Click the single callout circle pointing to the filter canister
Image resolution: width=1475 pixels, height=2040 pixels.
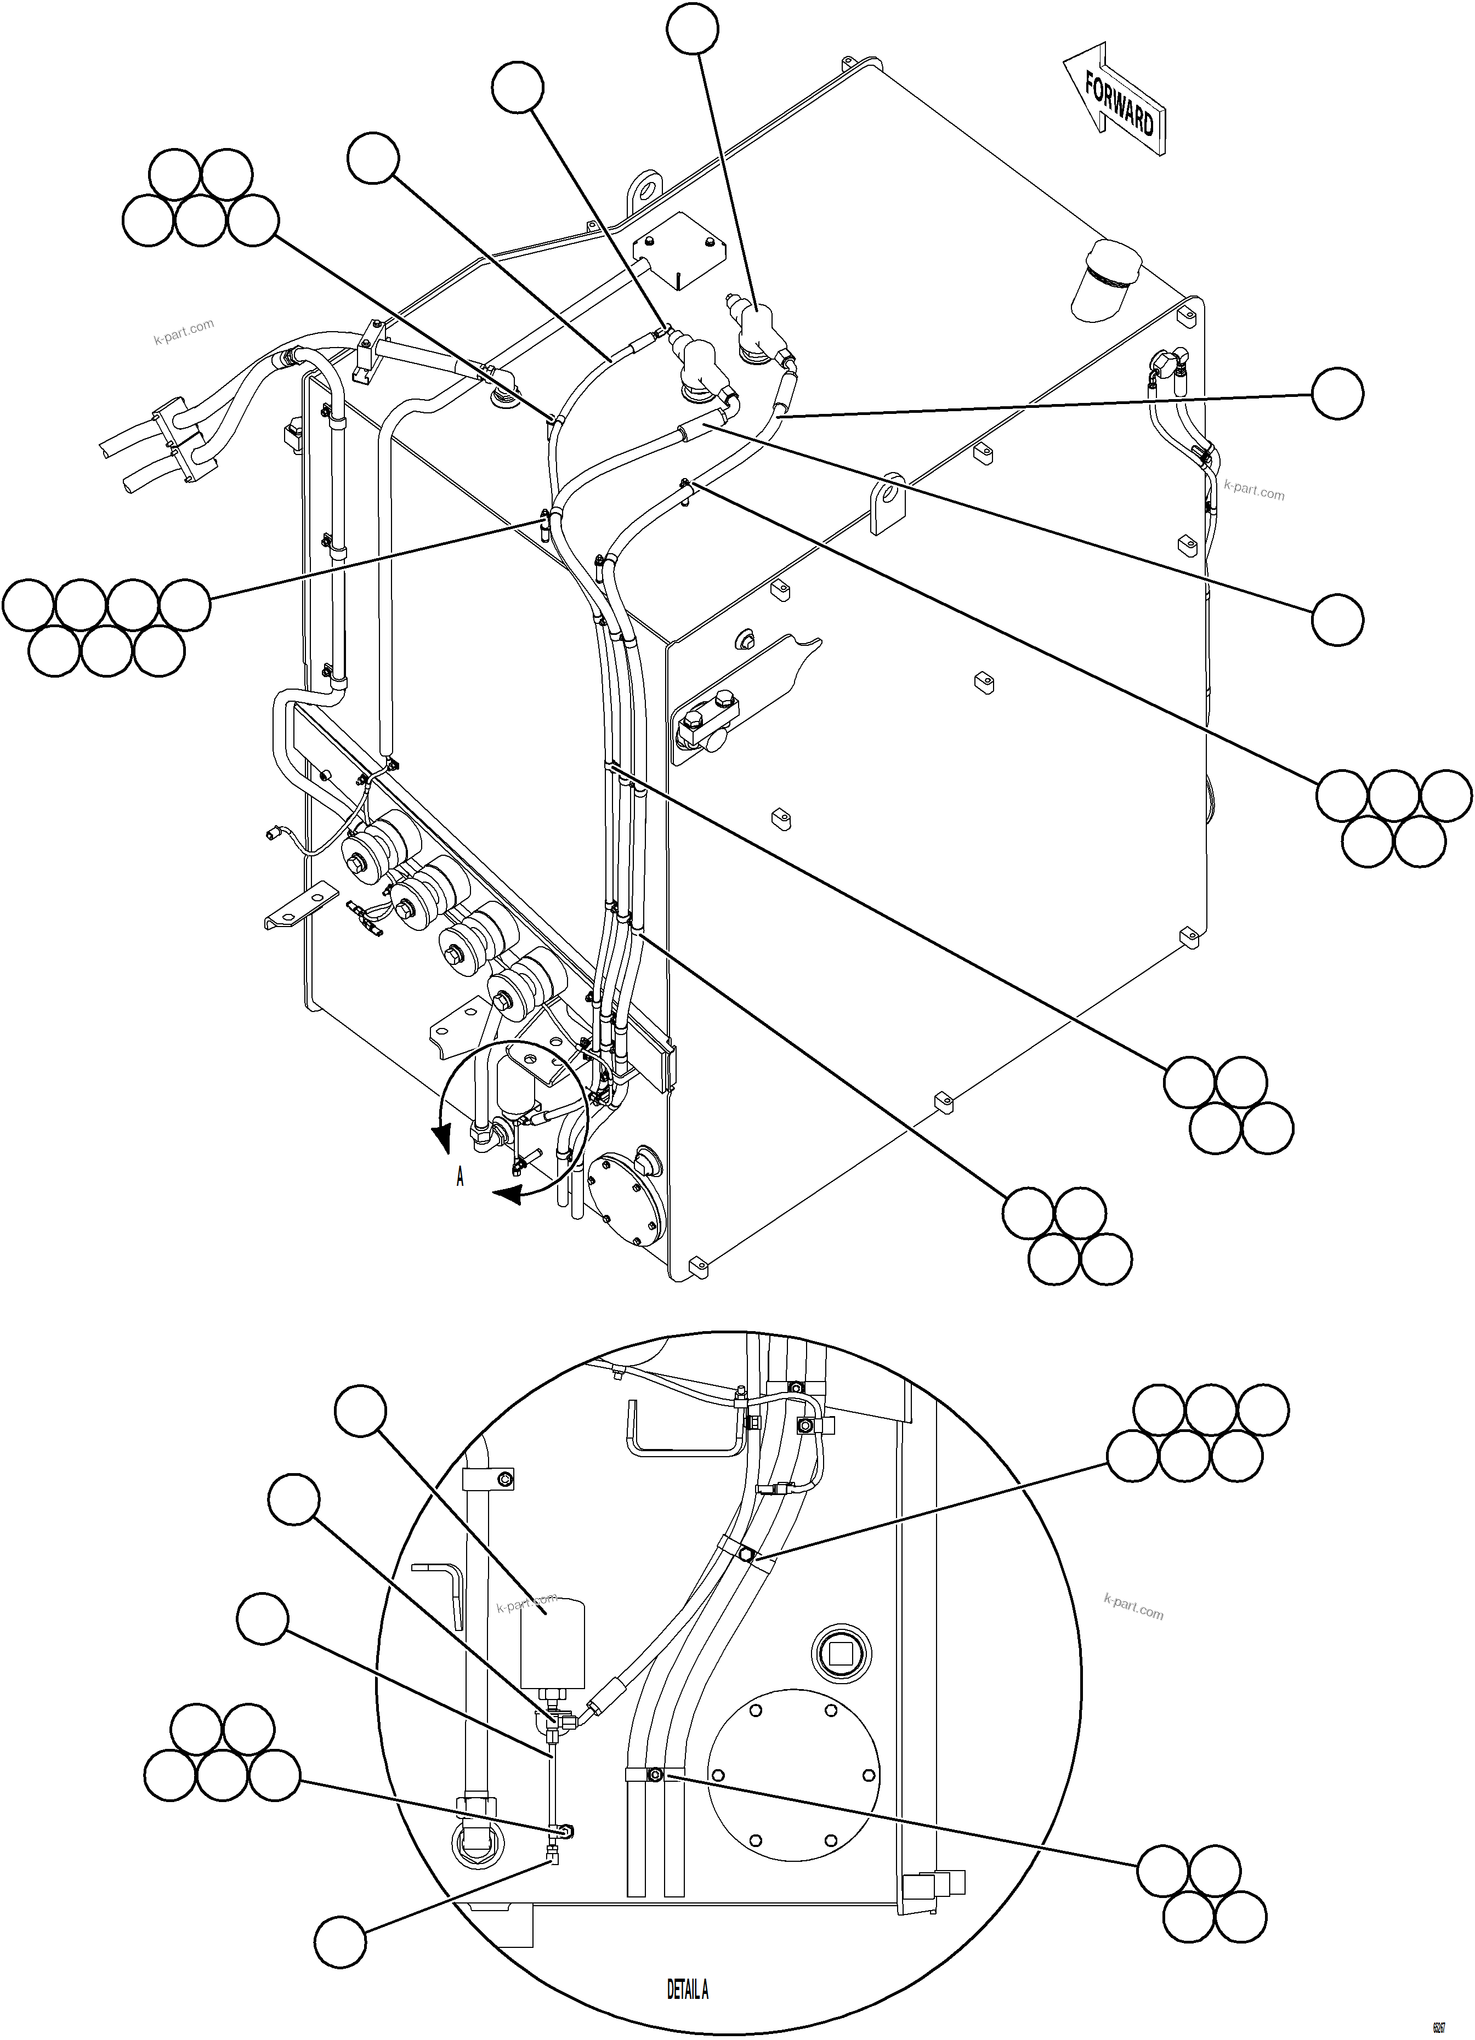361,1412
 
